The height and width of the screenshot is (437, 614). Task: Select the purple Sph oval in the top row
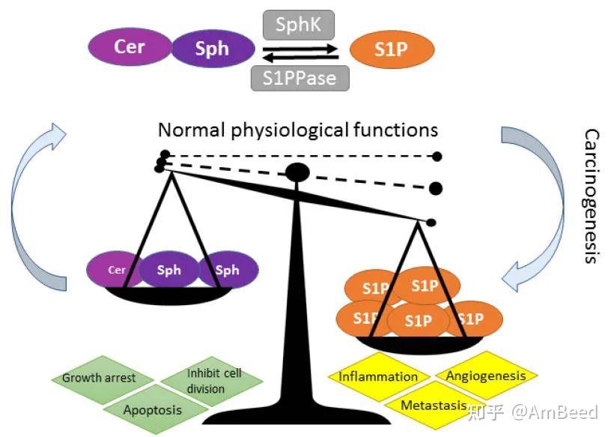(x=212, y=50)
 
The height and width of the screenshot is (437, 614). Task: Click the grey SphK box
(x=298, y=25)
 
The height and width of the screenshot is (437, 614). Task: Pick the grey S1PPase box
(x=299, y=76)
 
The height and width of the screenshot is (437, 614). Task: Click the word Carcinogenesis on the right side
(x=592, y=195)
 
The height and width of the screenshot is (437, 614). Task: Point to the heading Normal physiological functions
(x=297, y=130)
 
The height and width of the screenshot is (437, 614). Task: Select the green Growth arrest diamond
(x=99, y=377)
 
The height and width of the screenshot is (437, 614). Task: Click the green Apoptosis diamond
(x=152, y=410)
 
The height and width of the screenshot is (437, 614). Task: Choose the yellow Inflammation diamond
(x=378, y=376)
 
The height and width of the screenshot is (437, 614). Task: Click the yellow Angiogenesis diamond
(x=486, y=375)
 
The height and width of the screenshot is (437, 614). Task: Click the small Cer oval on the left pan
(x=115, y=270)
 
